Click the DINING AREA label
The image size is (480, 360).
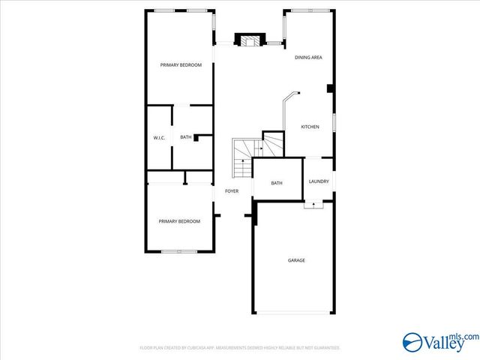[x=308, y=58]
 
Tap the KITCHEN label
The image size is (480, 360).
[x=310, y=127]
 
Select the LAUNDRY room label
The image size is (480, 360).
[x=319, y=181]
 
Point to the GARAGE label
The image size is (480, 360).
[x=296, y=260]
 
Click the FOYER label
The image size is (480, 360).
[x=232, y=191]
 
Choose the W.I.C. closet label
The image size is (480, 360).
[x=159, y=137]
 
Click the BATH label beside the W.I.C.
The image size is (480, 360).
[x=185, y=137]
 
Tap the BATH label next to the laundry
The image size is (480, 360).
[x=276, y=183]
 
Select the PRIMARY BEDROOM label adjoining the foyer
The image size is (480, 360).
[x=179, y=221]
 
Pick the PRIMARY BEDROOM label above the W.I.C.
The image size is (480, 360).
[x=181, y=65]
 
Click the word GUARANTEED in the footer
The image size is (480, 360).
[x=324, y=348]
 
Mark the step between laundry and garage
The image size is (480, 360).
[x=313, y=204]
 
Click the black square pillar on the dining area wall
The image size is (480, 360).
[x=331, y=88]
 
